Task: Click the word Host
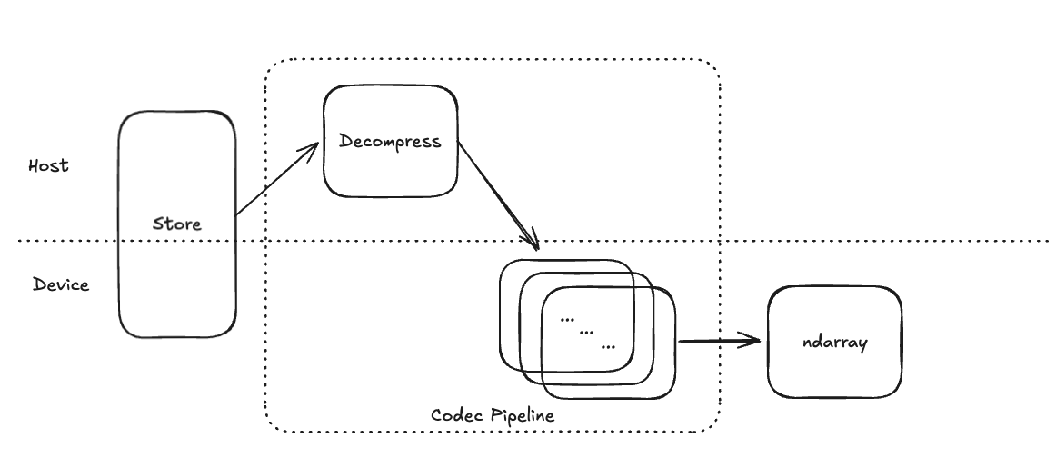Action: click(x=48, y=166)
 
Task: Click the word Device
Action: click(x=61, y=284)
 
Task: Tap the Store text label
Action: click(x=176, y=224)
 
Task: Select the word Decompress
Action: click(x=389, y=141)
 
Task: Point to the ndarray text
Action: click(x=835, y=343)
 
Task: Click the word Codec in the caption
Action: click(x=457, y=415)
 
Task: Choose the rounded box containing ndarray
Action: click(x=835, y=373)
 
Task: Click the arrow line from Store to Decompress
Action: click(x=273, y=181)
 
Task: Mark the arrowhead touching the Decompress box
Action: click(x=311, y=148)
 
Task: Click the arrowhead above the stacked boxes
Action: click(x=533, y=243)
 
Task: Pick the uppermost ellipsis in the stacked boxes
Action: click(x=568, y=319)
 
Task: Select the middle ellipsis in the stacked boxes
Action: click(x=587, y=333)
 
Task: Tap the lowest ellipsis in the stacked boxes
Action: click(x=607, y=346)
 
